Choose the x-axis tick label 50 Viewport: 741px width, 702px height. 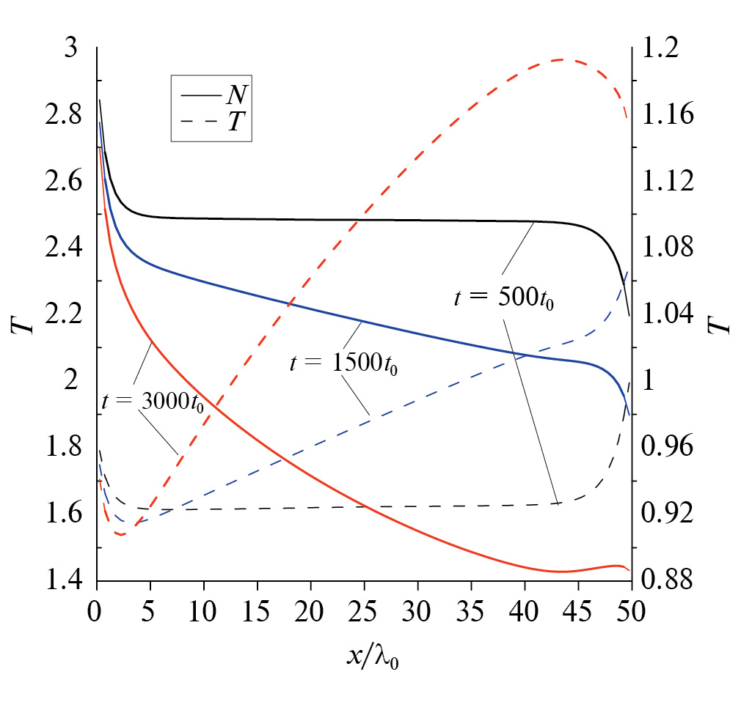click(x=631, y=611)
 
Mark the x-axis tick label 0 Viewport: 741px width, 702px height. click(x=95, y=611)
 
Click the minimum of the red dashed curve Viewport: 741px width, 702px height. click(x=120, y=535)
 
